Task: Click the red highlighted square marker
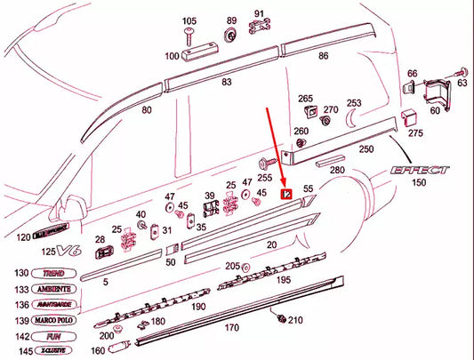click(285, 193)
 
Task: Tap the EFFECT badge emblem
click(421, 170)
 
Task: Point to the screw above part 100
click(190, 35)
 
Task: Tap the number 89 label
click(231, 20)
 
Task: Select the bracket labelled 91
click(260, 29)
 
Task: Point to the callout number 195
click(284, 280)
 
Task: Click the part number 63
click(462, 82)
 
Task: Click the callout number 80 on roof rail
click(147, 110)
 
